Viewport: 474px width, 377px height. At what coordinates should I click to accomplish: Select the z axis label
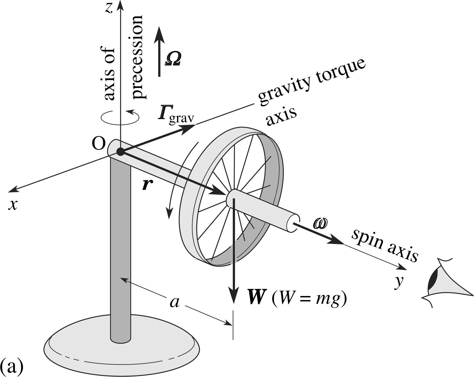[x=108, y=8]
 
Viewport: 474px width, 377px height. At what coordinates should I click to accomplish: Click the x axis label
[x=13, y=205]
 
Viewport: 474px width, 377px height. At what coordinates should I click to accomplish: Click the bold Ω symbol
[x=173, y=58]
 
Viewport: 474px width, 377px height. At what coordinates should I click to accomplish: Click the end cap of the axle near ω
[x=293, y=223]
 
